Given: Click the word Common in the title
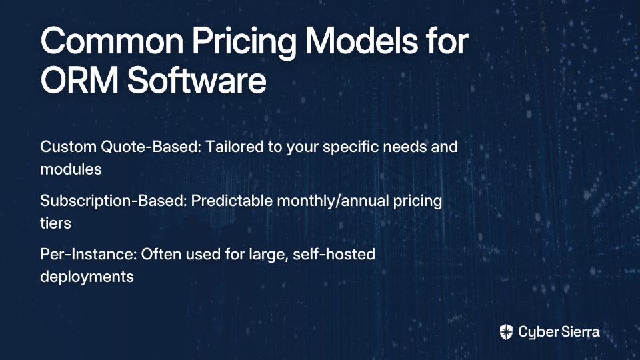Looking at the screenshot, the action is coord(112,41).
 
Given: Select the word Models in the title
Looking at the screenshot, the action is coord(361,41).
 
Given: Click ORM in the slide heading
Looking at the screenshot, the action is coord(79,79).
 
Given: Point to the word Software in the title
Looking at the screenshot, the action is coord(197,79).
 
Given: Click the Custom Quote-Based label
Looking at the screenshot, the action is coord(121,147).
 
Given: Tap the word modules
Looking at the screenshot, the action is coord(71,169).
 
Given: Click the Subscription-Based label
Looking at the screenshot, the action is coord(114,201).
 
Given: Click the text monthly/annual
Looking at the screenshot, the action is coord(333,201).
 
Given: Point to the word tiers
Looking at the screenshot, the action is coord(55,223).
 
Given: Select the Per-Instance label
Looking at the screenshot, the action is coord(89,254).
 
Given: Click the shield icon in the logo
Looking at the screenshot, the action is coord(506,332).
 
